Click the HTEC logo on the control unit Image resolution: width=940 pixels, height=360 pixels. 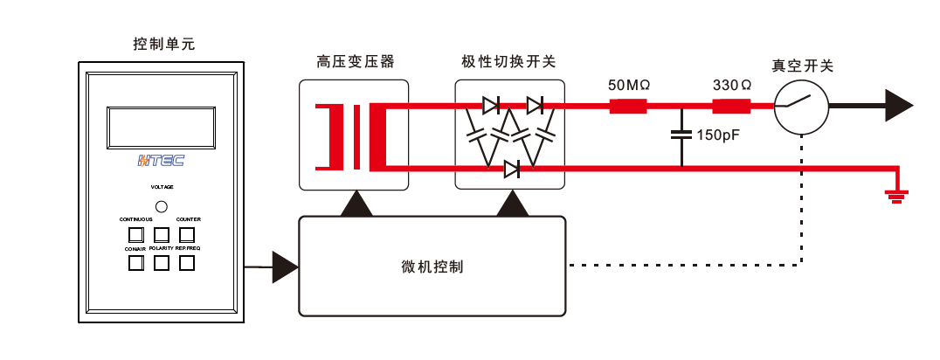161,161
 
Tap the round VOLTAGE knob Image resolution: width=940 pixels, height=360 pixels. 161,206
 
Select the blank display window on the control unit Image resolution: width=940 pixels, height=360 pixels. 161,127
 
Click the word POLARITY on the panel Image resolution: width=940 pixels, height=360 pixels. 162,249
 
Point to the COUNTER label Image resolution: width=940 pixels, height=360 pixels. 189,219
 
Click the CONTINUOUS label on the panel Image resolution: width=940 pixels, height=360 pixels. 135,219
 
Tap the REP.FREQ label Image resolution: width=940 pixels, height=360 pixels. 188,249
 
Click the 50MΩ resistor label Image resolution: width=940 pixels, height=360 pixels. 629,86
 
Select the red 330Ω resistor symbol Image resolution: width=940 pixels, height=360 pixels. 731,107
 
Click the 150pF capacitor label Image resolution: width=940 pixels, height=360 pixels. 718,135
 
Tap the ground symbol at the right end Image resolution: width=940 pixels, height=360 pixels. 895,196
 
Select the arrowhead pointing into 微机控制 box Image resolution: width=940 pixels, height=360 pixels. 285,267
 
